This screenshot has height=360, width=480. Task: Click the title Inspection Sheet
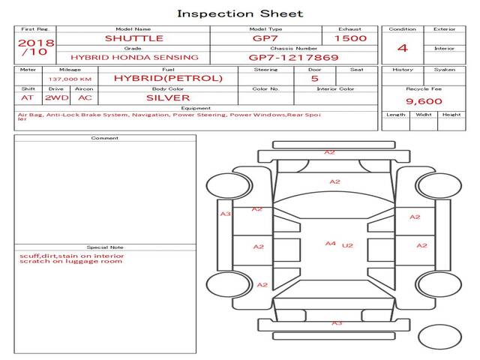(x=240, y=13)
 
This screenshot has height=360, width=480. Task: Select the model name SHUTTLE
(x=134, y=38)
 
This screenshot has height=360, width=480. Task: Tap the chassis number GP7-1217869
(x=293, y=58)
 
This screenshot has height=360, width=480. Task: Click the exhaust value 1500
(x=350, y=38)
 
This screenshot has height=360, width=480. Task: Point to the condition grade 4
(x=403, y=48)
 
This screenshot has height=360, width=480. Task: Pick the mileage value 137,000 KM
(x=70, y=79)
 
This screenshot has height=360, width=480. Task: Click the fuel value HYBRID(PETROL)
(x=168, y=78)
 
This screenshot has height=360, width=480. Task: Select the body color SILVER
(x=168, y=98)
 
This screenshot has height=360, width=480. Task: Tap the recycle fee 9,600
(x=424, y=101)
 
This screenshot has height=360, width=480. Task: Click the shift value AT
(x=27, y=98)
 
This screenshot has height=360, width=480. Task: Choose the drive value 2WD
(x=57, y=98)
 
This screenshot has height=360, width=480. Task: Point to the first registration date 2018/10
(x=36, y=47)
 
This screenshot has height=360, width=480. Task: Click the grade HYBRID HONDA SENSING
(x=134, y=58)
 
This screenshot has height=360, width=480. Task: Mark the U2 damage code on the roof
(x=347, y=245)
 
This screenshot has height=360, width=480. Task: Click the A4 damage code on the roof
(x=331, y=244)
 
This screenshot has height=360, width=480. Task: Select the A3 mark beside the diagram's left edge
(x=226, y=214)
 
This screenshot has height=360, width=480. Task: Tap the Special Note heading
(x=105, y=247)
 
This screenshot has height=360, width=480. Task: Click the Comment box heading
(x=105, y=138)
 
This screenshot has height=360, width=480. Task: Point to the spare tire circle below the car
(x=439, y=337)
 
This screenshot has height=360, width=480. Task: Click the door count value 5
(x=315, y=79)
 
